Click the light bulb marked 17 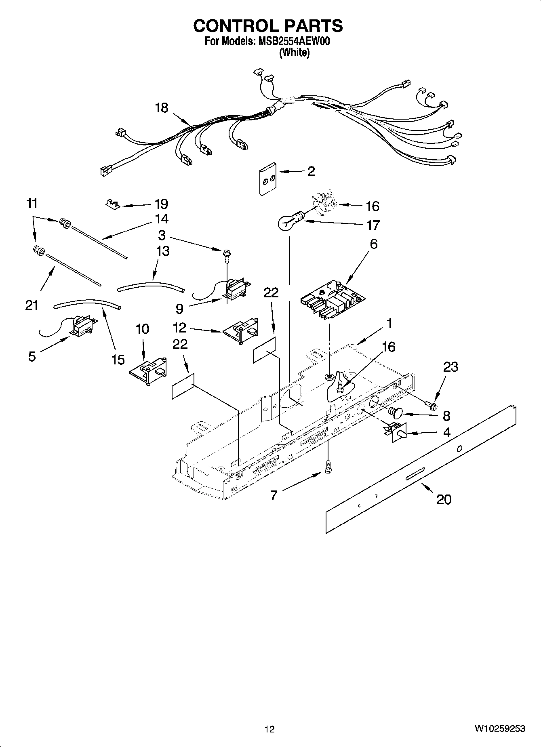(288, 222)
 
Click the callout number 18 (162, 108)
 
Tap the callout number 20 (444, 499)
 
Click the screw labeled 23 (432, 404)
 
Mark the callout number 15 (118, 359)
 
